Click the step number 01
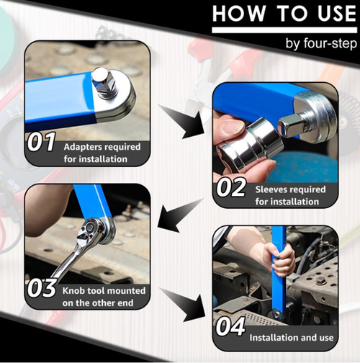[x=41, y=142]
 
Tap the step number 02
[x=231, y=187]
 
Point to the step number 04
[x=230, y=326]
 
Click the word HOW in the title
[x=239, y=14]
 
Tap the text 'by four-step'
[x=321, y=44]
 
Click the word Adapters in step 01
[x=81, y=147]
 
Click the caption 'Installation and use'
[x=292, y=338]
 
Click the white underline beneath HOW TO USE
[x=284, y=30]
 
